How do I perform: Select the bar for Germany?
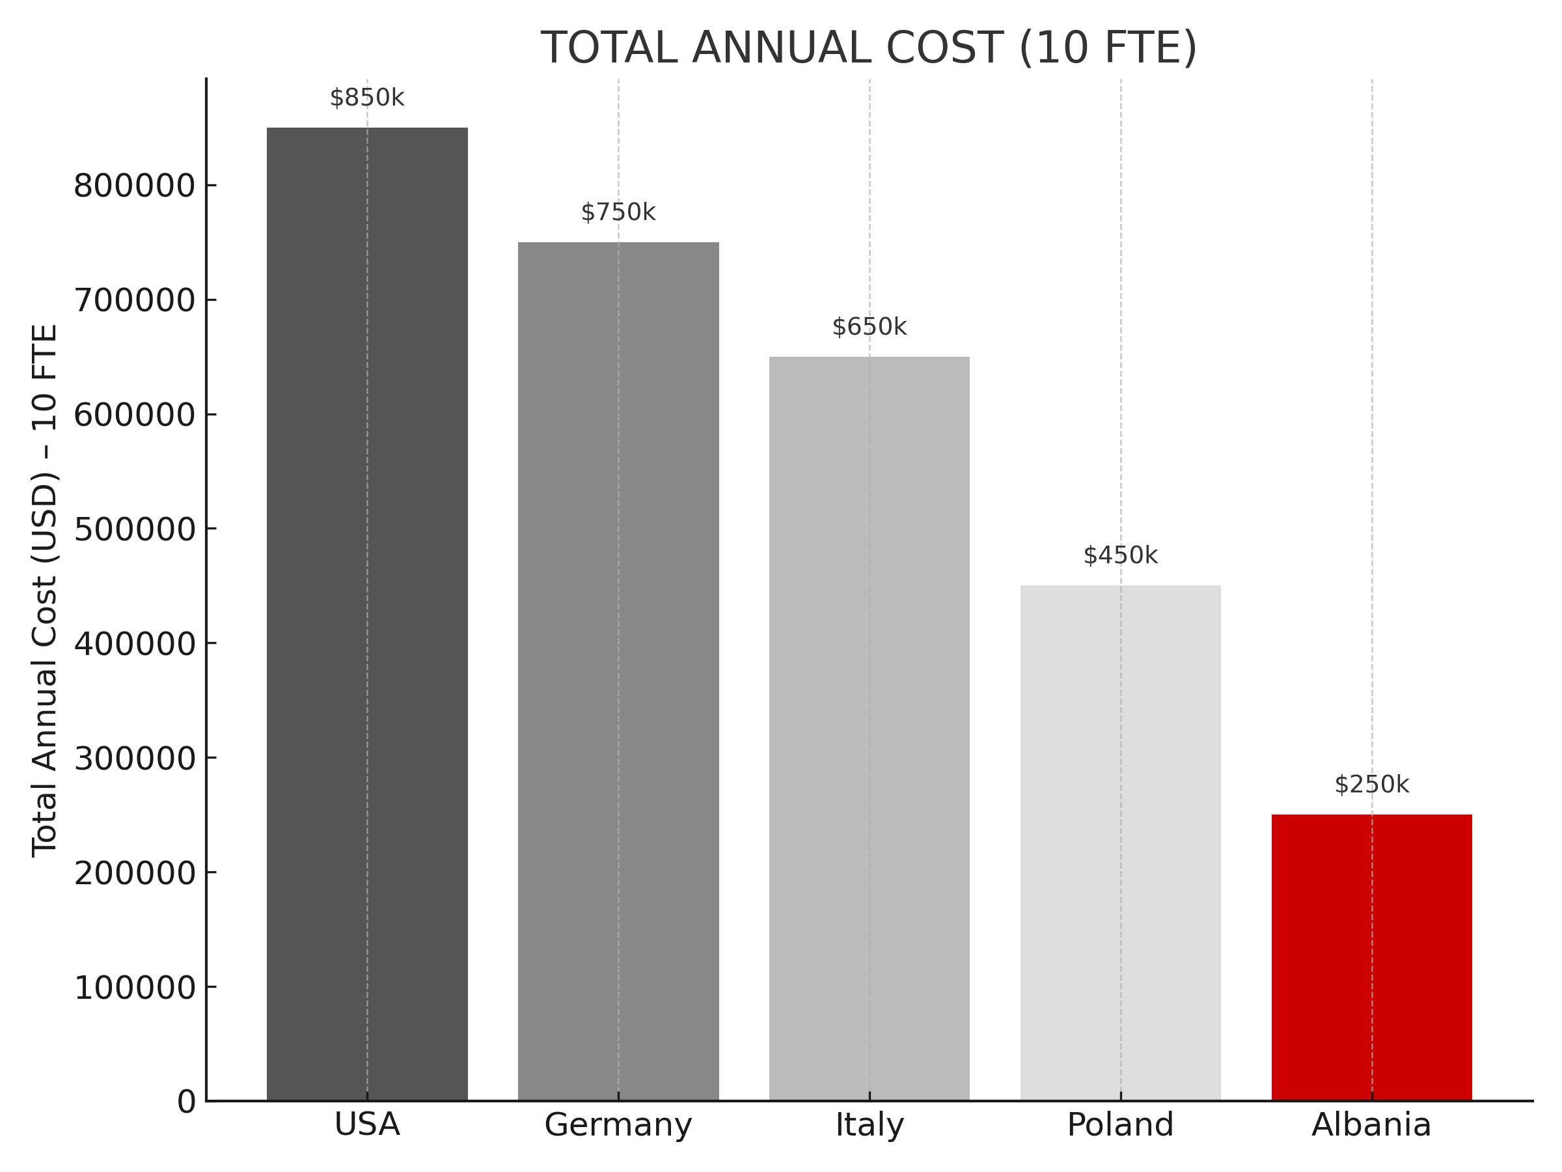click(618, 671)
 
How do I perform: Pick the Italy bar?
click(870, 728)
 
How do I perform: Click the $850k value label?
click(366, 98)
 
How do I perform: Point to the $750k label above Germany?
click(618, 213)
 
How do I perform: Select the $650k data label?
click(870, 327)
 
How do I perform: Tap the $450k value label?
click(1120, 556)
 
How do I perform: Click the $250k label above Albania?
click(1371, 785)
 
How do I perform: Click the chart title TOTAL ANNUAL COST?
click(869, 48)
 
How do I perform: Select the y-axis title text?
click(45, 590)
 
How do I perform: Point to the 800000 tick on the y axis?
click(134, 186)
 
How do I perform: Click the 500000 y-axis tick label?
click(134, 530)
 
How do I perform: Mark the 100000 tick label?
click(134, 988)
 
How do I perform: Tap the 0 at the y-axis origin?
click(186, 1102)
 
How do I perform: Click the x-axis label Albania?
click(1371, 1124)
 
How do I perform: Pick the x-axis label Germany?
click(618, 1124)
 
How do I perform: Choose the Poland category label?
click(1120, 1124)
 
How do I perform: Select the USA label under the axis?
click(366, 1124)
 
